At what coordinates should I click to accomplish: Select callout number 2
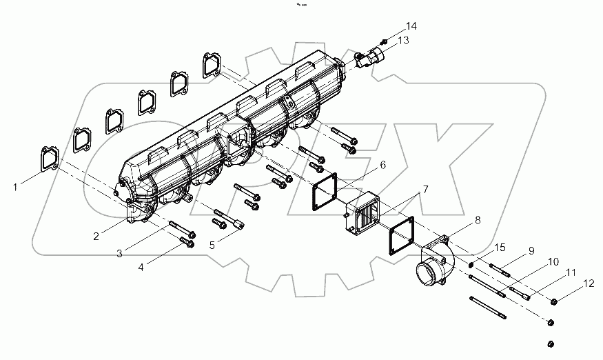(96, 236)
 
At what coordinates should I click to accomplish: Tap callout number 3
(119, 254)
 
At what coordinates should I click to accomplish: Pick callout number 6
(382, 166)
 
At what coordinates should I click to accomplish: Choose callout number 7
(425, 189)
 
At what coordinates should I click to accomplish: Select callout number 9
(531, 252)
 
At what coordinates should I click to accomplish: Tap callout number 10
(553, 263)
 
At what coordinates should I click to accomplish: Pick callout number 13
(403, 41)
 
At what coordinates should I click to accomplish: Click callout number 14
(411, 26)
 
